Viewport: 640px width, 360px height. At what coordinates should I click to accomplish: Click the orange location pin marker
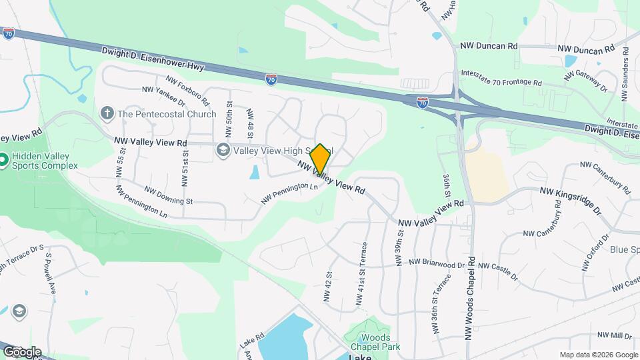(320, 159)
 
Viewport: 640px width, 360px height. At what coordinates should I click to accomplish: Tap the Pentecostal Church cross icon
(107, 113)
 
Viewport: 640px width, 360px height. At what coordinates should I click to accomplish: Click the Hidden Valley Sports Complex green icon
(3, 161)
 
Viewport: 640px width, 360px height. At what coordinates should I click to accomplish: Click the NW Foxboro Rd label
(188, 91)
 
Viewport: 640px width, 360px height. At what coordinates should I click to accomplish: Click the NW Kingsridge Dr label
(570, 200)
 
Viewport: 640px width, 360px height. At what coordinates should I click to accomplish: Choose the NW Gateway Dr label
(587, 83)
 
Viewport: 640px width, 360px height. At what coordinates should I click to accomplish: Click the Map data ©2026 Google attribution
(598, 355)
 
